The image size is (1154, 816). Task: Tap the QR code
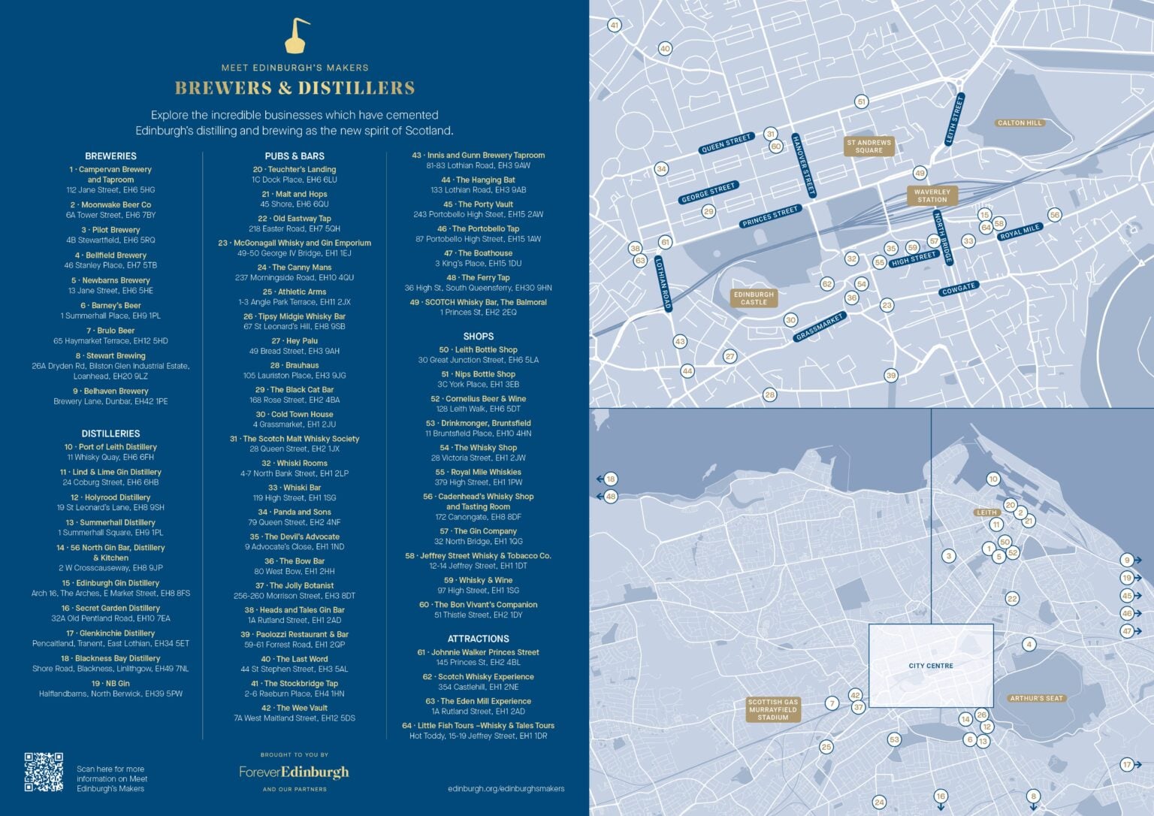coord(44,772)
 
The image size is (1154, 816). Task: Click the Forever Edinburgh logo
coord(294,772)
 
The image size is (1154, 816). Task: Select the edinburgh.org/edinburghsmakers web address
coord(506,788)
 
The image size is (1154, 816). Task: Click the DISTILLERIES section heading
coord(110,434)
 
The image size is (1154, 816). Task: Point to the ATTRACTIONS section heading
coord(478,639)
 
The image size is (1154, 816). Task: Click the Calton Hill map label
coord(1020,123)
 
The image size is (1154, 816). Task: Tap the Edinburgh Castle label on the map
coord(754,298)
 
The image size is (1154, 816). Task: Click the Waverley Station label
coord(932,195)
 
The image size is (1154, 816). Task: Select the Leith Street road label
coord(954,120)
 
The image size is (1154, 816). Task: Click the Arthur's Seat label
coord(1036,698)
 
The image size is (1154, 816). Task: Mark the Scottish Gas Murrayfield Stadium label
coord(773,709)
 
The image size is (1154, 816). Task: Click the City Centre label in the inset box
coord(931,666)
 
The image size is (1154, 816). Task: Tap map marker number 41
coord(615,26)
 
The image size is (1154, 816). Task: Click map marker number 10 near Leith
coord(993,479)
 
